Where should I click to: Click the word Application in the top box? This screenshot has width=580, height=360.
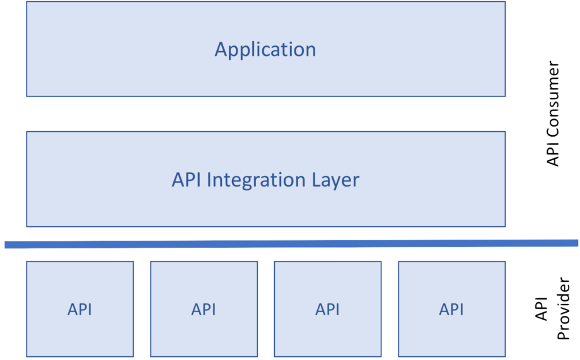(265, 49)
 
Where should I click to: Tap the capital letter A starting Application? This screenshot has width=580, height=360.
(221, 49)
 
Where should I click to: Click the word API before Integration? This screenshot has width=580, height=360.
(187, 180)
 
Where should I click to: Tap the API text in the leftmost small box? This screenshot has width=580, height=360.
(79, 310)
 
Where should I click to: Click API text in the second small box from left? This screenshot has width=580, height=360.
(204, 310)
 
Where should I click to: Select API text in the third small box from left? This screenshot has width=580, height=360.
(327, 310)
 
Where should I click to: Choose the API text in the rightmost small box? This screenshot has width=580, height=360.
(451, 310)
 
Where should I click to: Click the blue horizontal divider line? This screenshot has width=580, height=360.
(290, 243)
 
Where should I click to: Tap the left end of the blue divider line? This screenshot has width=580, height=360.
(6, 245)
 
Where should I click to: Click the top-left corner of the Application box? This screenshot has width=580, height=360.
(26, 2)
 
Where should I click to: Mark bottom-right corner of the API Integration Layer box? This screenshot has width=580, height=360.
(505, 226)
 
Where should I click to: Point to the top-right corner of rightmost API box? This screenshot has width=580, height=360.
(505, 262)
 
